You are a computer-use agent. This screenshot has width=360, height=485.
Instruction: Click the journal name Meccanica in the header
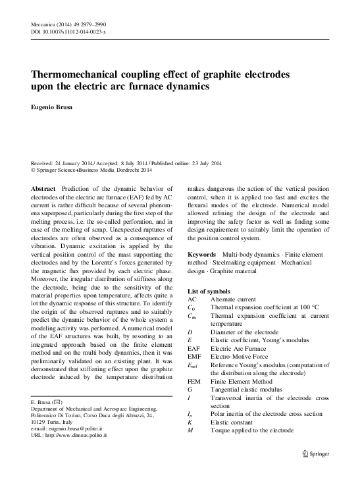(45, 24)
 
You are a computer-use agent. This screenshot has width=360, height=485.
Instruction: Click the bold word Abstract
(43, 188)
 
